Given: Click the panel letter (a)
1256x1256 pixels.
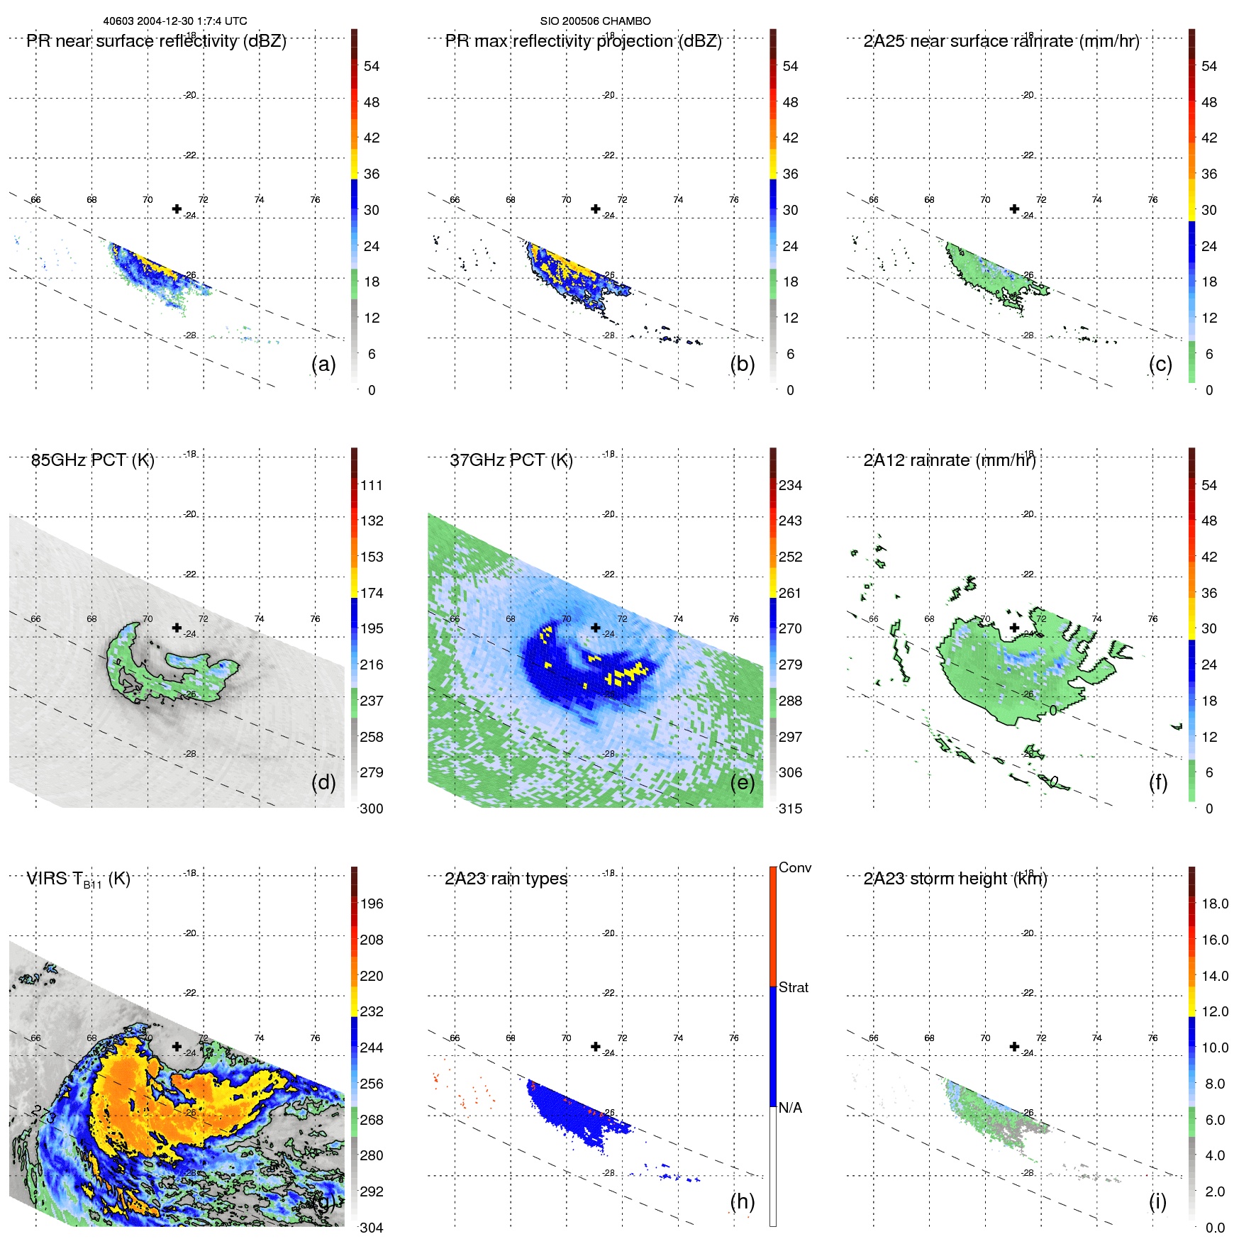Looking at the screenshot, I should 323,365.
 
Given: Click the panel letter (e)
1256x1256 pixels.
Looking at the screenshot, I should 742,783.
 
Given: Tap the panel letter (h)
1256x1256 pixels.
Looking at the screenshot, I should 742,1201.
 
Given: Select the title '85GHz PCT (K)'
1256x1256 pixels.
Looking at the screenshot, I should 93,460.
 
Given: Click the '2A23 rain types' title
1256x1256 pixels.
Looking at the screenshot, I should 506,879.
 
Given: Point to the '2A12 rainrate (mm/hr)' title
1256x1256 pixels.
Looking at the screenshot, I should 950,460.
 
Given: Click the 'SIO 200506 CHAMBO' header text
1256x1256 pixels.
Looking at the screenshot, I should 595,21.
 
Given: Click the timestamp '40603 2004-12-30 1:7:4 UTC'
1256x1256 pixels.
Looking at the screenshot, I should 175,21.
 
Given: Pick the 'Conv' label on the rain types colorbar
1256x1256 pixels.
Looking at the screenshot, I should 795,868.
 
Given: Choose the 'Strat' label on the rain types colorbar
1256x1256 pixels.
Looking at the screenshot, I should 794,988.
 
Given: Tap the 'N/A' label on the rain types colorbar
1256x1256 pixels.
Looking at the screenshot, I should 791,1108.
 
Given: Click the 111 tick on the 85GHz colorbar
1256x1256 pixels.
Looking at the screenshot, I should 372,486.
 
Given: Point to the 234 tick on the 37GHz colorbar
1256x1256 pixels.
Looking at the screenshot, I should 790,486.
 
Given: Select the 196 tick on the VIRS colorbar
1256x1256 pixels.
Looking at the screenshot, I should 372,904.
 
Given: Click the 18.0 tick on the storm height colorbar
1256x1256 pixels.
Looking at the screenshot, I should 1215,904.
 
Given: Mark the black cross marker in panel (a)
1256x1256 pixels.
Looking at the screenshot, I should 177,209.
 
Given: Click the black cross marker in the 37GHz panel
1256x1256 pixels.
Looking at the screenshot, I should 596,628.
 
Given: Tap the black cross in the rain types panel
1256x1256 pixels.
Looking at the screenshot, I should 596,1046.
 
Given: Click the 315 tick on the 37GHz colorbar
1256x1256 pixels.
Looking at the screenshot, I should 790,809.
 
